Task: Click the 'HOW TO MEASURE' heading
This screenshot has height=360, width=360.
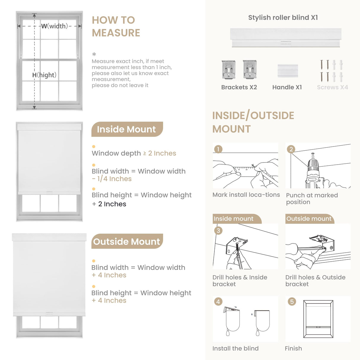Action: pos(116,26)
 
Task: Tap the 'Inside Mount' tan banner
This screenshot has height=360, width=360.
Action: pos(127,129)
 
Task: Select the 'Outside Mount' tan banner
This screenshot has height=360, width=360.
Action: pos(127,241)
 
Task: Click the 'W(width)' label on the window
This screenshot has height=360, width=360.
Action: pos(54,26)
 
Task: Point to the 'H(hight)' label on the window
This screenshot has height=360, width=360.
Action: pos(44,75)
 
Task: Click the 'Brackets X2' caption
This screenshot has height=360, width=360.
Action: pos(239,87)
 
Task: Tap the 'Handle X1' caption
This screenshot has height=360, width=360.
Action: pos(287,87)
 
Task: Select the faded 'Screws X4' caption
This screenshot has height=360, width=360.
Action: pos(332,87)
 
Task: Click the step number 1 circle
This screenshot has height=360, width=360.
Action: pos(218,149)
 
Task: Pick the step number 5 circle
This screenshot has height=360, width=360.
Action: pos(292,302)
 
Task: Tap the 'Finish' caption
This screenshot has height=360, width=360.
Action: pos(293,348)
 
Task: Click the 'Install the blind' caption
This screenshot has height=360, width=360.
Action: pos(235,348)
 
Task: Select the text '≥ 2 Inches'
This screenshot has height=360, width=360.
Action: pos(160,153)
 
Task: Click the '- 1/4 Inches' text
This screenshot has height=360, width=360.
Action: pos(112,179)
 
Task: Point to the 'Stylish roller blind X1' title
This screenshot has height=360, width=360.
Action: pos(283,17)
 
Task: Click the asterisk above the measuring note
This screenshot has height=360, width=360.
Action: pos(94,54)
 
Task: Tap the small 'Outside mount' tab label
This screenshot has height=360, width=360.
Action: pos(309,219)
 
